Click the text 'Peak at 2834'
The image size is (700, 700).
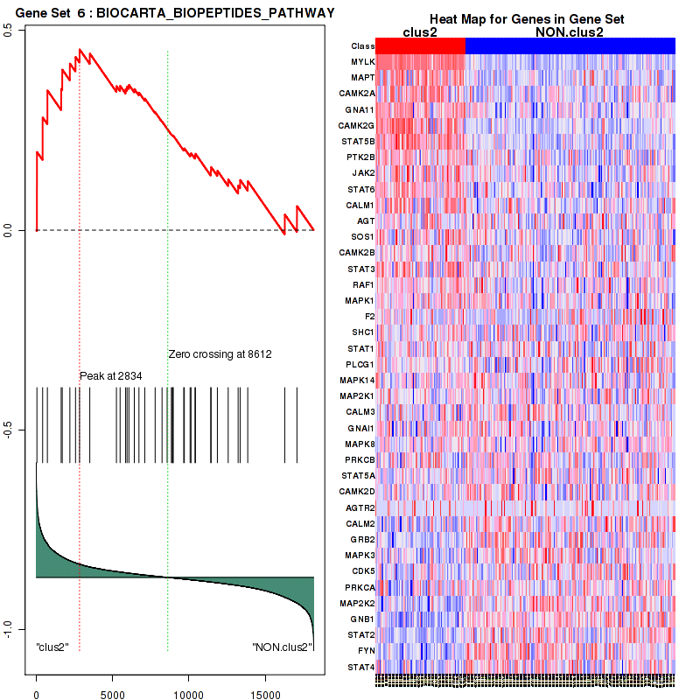point(111,375)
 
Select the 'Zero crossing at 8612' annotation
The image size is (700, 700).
point(220,354)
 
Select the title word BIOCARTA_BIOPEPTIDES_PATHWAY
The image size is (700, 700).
point(217,13)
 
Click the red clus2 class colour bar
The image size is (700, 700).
point(421,45)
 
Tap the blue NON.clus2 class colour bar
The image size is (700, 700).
point(570,45)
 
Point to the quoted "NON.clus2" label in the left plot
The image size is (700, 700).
point(282,647)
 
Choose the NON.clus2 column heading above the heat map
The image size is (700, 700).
point(569,32)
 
